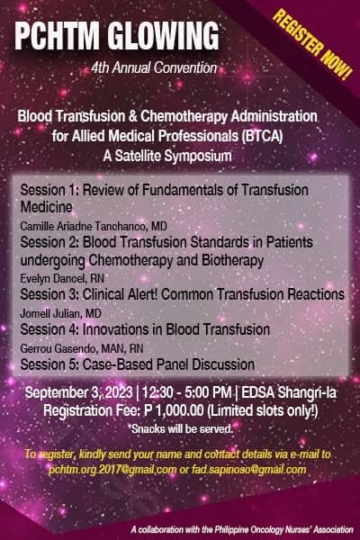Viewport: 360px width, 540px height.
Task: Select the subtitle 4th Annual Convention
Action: tap(154, 67)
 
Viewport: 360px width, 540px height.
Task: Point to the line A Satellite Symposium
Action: tap(167, 156)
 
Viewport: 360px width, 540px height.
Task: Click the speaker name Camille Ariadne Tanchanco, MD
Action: tap(94, 226)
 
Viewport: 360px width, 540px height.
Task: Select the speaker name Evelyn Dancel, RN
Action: tap(62, 278)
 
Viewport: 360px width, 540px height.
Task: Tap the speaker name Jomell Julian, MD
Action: tap(60, 313)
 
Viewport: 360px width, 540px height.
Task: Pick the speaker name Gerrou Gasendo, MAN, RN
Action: tap(82, 348)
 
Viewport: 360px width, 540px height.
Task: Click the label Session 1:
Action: tap(50, 190)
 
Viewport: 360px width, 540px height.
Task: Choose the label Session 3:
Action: tap(50, 294)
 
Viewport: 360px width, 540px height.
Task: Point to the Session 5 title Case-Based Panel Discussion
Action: tap(168, 364)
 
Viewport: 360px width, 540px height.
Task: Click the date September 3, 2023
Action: tap(79, 392)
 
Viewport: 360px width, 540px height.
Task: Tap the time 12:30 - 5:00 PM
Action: tap(186, 392)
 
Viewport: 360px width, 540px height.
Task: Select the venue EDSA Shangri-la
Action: tap(289, 392)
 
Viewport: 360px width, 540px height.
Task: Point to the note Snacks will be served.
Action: tap(182, 429)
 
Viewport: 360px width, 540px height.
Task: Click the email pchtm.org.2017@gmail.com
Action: tap(112, 470)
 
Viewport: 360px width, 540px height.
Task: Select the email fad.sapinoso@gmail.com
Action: tap(248, 470)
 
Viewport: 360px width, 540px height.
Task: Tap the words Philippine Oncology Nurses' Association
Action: tap(284, 529)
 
